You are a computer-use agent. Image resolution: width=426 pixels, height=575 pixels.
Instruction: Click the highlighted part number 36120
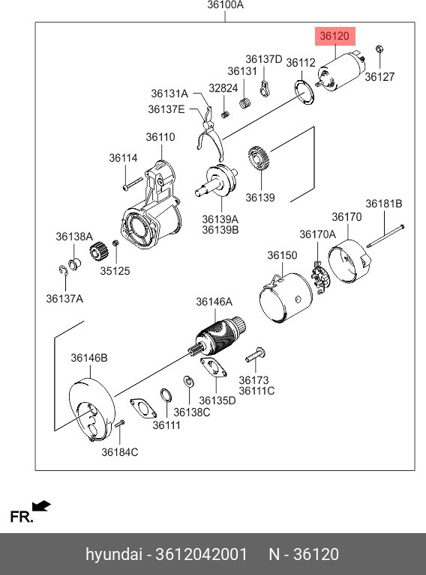[x=334, y=36]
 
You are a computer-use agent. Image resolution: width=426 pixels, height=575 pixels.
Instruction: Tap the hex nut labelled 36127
[x=379, y=49]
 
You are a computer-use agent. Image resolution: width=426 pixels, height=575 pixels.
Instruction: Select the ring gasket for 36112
[x=304, y=92]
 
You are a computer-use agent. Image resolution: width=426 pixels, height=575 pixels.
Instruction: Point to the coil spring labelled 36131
[x=245, y=103]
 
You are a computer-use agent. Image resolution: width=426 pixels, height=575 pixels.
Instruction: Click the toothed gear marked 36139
[x=259, y=158]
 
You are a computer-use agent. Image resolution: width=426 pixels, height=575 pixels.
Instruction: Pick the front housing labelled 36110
[x=151, y=208]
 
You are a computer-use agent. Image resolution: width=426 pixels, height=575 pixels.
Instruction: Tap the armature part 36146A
[x=217, y=337]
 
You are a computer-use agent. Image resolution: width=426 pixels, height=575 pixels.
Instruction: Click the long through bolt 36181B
[x=385, y=236]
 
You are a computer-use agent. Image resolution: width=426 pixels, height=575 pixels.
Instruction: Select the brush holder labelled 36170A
[x=319, y=278]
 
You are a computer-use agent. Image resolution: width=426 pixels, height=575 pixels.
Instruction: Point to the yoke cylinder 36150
[x=286, y=298]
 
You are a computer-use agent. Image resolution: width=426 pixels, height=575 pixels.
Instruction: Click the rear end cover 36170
[x=349, y=261]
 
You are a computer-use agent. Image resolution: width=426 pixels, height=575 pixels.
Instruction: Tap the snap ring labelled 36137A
[x=63, y=270]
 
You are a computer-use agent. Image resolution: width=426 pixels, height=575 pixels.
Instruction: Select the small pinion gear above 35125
[x=99, y=252]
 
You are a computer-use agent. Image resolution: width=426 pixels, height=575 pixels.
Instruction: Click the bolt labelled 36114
[x=133, y=183]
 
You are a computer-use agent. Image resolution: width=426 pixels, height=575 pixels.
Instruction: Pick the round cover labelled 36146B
[x=92, y=410]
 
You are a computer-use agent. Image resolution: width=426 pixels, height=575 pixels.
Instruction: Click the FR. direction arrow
[x=41, y=506]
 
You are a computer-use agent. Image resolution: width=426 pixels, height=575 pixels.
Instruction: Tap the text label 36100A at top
[x=226, y=5]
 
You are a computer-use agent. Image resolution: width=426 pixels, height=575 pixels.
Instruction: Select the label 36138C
[x=192, y=413]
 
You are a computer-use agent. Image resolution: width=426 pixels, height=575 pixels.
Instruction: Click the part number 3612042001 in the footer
[x=202, y=554]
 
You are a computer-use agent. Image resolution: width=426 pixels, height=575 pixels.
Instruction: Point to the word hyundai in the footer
[x=114, y=555]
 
